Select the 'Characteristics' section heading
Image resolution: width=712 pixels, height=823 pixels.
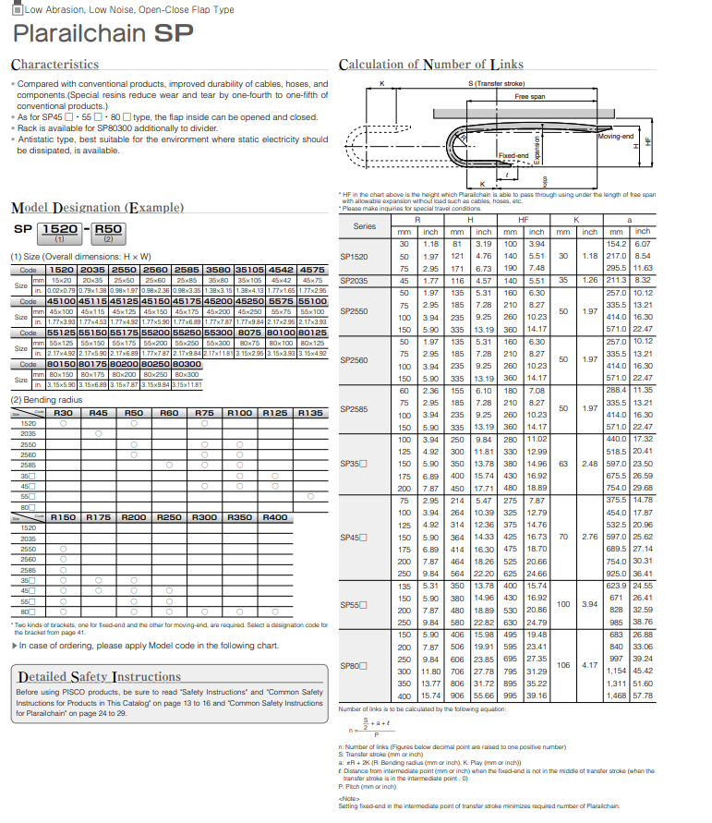pos(54,65)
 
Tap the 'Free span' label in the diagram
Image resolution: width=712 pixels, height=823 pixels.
pos(529,96)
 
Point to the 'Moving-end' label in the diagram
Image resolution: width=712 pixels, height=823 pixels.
pos(616,137)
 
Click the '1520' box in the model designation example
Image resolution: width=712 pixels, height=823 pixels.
pos(61,228)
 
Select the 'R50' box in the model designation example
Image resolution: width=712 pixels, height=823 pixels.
pos(108,228)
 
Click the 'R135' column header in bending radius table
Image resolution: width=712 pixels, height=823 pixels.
pos(311,413)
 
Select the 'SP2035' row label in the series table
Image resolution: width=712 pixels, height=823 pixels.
pos(354,279)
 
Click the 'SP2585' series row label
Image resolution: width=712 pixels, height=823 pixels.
pos(354,408)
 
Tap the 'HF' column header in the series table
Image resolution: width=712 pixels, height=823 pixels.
pos(524,220)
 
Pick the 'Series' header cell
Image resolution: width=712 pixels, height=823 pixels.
pos(365,225)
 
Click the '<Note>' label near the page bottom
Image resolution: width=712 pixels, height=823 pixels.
pos(349,799)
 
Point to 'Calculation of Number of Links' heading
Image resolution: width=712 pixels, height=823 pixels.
pos(431,65)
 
